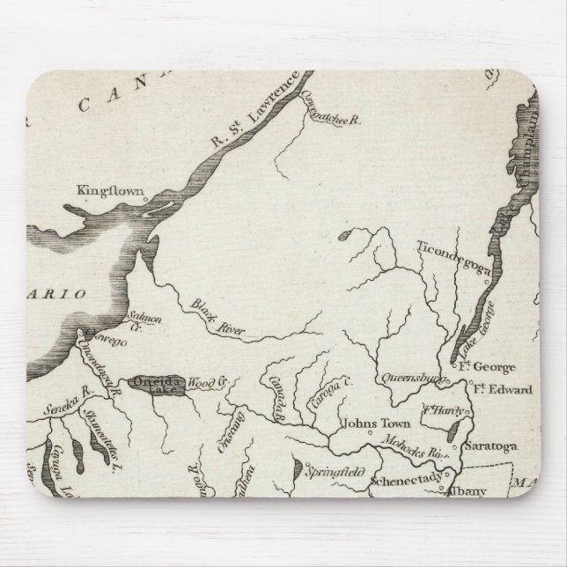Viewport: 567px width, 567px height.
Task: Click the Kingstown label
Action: coord(103,189)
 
